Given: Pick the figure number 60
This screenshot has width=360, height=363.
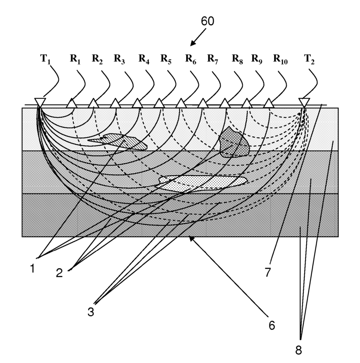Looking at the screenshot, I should click(x=207, y=21).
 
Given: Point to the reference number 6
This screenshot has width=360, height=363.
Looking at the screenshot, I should click(x=271, y=325).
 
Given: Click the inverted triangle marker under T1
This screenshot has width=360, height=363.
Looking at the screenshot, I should click(x=39, y=102).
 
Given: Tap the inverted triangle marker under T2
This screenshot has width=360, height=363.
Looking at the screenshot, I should click(x=304, y=102).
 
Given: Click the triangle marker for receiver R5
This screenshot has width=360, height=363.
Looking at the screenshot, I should click(x=159, y=104).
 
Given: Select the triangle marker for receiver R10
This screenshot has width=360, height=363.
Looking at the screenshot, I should click(x=268, y=104).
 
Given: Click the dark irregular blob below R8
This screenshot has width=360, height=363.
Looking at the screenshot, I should click(x=234, y=141).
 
